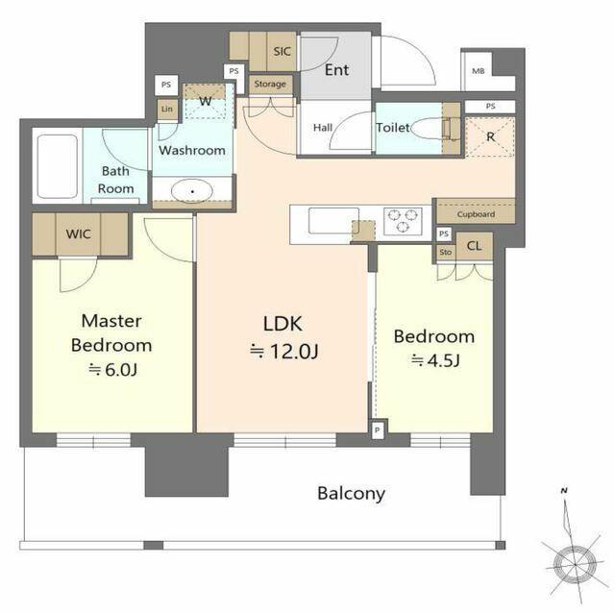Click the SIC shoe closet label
tap(282, 51)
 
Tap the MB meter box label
tap(479, 71)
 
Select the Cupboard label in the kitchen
tap(476, 214)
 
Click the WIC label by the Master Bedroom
tap(79, 234)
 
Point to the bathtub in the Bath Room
tap(58, 166)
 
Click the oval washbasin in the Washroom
tap(192, 191)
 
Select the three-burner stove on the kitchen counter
tap(403, 221)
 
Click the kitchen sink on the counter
tap(333, 221)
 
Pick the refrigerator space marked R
tap(490, 136)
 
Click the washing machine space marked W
tap(205, 101)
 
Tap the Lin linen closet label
tap(167, 109)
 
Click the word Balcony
tap(351, 494)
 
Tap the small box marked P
tap(378, 430)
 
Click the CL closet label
tap(474, 246)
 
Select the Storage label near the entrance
tap(270, 84)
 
